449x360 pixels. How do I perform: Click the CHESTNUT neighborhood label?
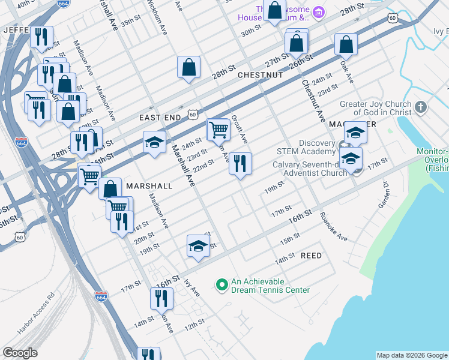click(x=260, y=75)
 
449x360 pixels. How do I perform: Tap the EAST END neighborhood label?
click(x=160, y=118)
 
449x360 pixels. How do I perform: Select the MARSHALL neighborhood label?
click(x=149, y=186)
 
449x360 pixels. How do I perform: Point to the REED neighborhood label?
click(x=311, y=256)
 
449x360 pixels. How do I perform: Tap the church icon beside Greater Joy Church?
click(x=421, y=108)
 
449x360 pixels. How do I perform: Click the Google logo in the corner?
click(x=20, y=353)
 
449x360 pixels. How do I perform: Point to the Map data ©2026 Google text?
click(x=411, y=355)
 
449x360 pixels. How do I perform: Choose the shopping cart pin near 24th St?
click(x=218, y=129)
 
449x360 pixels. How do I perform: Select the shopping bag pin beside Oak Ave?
click(x=346, y=44)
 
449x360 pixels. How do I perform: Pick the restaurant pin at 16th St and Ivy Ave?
click(x=161, y=298)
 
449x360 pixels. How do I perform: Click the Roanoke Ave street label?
click(x=334, y=227)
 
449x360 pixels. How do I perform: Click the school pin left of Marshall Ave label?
click(x=154, y=143)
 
